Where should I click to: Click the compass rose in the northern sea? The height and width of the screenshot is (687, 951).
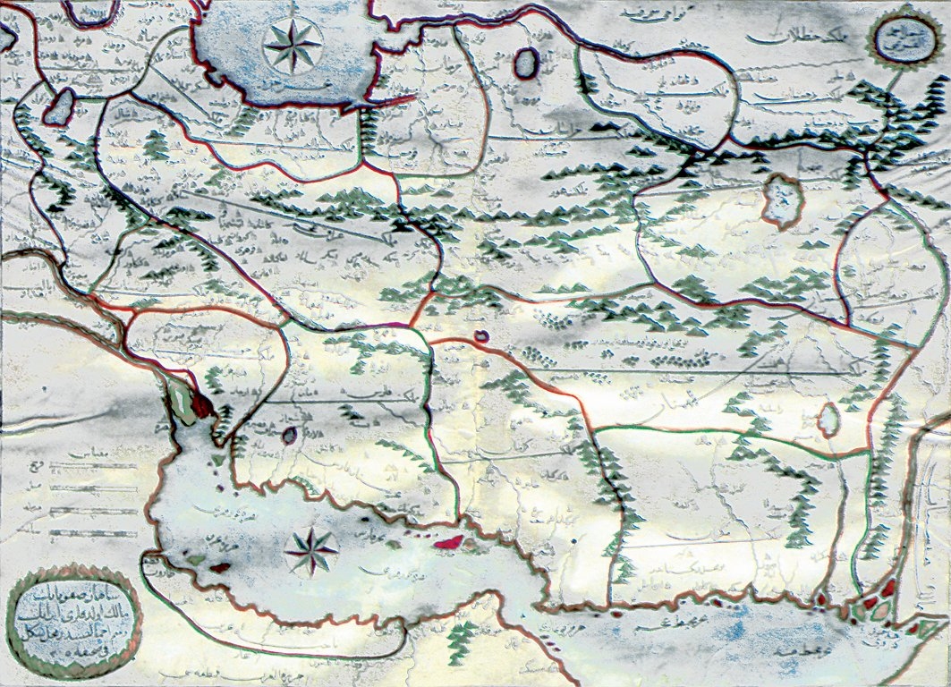[293, 46]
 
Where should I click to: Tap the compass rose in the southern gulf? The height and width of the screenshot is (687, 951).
[312, 549]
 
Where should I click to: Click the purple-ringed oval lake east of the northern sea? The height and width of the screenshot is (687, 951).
[527, 63]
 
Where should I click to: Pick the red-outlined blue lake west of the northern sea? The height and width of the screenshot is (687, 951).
[60, 106]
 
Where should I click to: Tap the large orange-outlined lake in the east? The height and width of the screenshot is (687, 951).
[782, 200]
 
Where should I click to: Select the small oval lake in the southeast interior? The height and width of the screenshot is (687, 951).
[829, 419]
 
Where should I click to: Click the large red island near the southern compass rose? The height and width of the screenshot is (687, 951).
[445, 540]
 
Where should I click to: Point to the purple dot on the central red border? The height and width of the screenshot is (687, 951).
[481, 336]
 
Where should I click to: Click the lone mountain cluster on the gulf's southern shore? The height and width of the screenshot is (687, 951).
[463, 634]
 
